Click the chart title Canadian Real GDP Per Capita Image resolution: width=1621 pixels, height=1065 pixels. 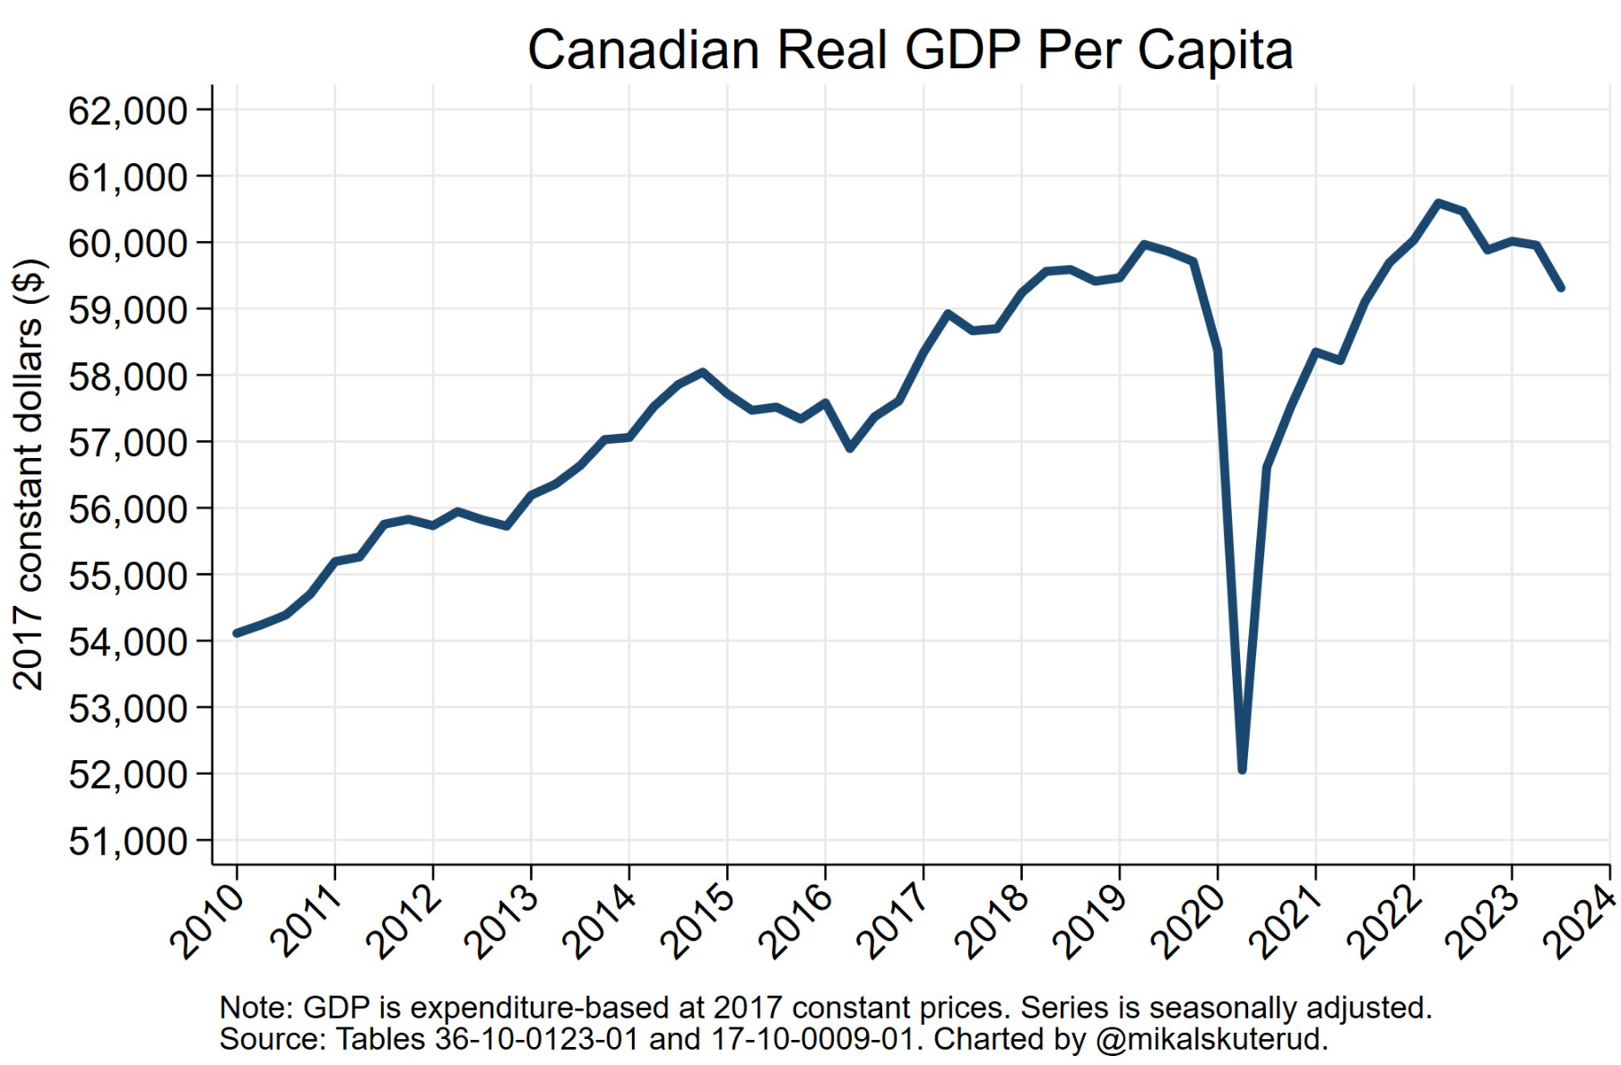(909, 50)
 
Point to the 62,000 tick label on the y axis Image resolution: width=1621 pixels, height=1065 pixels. (127, 111)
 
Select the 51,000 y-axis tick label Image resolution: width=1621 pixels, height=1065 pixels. (127, 842)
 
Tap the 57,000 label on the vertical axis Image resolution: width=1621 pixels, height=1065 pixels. (127, 443)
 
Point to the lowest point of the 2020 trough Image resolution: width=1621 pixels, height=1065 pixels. (1242, 769)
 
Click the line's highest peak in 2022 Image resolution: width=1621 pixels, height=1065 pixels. (1438, 203)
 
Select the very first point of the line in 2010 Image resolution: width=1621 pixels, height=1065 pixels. (237, 633)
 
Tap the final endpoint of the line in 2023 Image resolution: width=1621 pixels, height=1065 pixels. (1561, 288)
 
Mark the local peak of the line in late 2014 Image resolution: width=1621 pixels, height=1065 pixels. (702, 372)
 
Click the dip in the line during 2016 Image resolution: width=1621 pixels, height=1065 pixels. (849, 448)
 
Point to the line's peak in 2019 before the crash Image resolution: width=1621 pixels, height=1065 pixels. (1144, 244)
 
